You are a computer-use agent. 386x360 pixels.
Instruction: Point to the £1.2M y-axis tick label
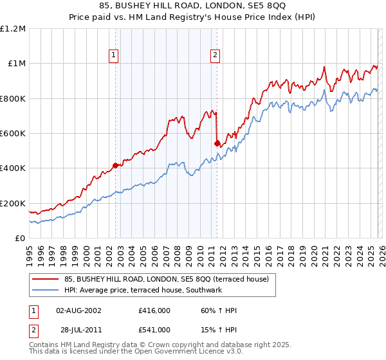[13, 28]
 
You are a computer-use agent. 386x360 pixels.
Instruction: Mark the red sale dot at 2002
[115, 165]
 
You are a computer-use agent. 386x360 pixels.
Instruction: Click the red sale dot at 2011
[217, 143]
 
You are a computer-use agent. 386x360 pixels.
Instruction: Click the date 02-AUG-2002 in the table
[78, 310]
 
